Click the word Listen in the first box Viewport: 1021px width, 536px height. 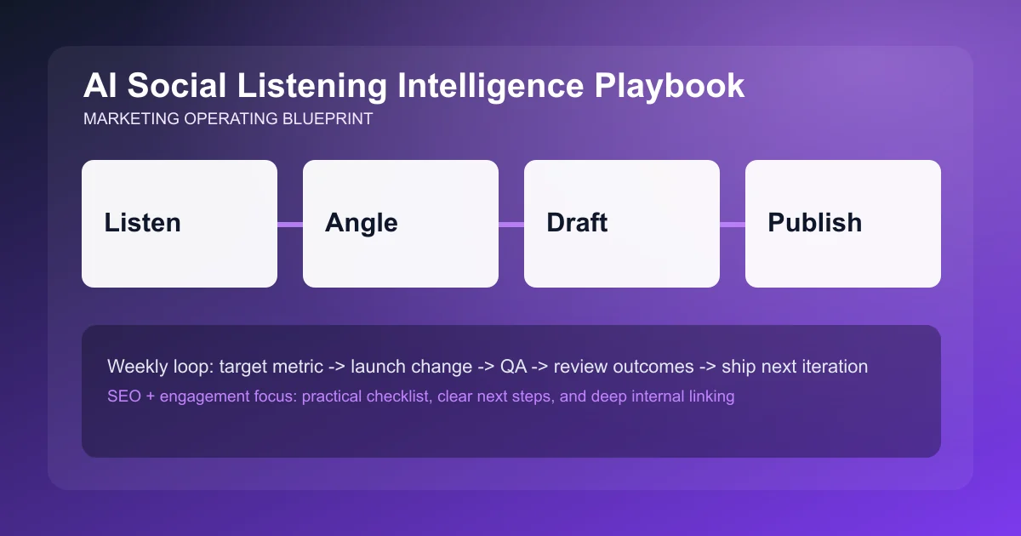pos(142,223)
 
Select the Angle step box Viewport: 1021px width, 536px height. pos(400,223)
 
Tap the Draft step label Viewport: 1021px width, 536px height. pos(577,223)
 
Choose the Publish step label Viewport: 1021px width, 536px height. pos(814,223)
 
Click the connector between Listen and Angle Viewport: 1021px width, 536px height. pos(290,225)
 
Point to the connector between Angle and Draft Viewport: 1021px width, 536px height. pos(511,225)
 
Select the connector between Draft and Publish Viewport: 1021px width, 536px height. pos(733,225)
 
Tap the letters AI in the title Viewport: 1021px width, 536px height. pos(98,86)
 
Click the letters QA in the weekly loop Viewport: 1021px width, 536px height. pos(514,367)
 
